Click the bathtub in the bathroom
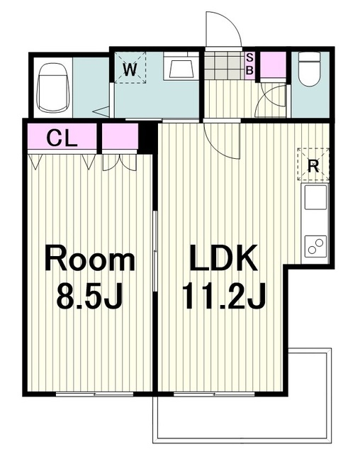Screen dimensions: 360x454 click(x=53, y=88)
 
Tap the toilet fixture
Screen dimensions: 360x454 click(x=310, y=69)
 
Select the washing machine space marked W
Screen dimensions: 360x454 click(x=130, y=68)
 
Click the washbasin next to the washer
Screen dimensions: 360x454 click(x=181, y=67)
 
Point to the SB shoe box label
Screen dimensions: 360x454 click(x=249, y=65)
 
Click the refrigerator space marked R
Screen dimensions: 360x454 click(x=313, y=165)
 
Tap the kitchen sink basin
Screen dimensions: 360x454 click(x=315, y=197)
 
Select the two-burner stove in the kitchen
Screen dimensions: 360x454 click(x=315, y=245)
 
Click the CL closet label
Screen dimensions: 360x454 click(x=62, y=138)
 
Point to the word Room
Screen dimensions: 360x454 click(x=89, y=258)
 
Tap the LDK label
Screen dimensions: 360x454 click(x=223, y=258)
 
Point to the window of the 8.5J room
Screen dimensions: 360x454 click(x=94, y=394)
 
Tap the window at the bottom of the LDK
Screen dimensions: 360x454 click(x=214, y=394)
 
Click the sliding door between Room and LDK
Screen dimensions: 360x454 click(x=155, y=251)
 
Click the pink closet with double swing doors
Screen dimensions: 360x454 click(x=120, y=136)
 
